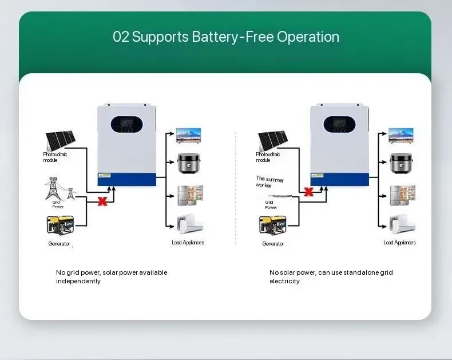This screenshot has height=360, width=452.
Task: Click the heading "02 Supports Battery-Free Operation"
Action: [x=226, y=37]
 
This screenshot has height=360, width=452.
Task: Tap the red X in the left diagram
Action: [x=103, y=201]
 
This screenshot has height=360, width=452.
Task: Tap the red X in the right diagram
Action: [x=308, y=192]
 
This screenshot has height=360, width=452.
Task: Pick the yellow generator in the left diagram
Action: [x=60, y=226]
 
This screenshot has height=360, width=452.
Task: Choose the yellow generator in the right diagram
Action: [x=272, y=226]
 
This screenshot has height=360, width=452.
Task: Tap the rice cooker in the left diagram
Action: [x=188, y=164]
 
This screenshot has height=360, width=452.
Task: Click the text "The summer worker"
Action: [x=269, y=182]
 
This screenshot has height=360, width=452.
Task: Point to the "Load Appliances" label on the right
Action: [x=399, y=243]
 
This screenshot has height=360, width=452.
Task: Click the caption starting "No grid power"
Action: [x=112, y=276]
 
